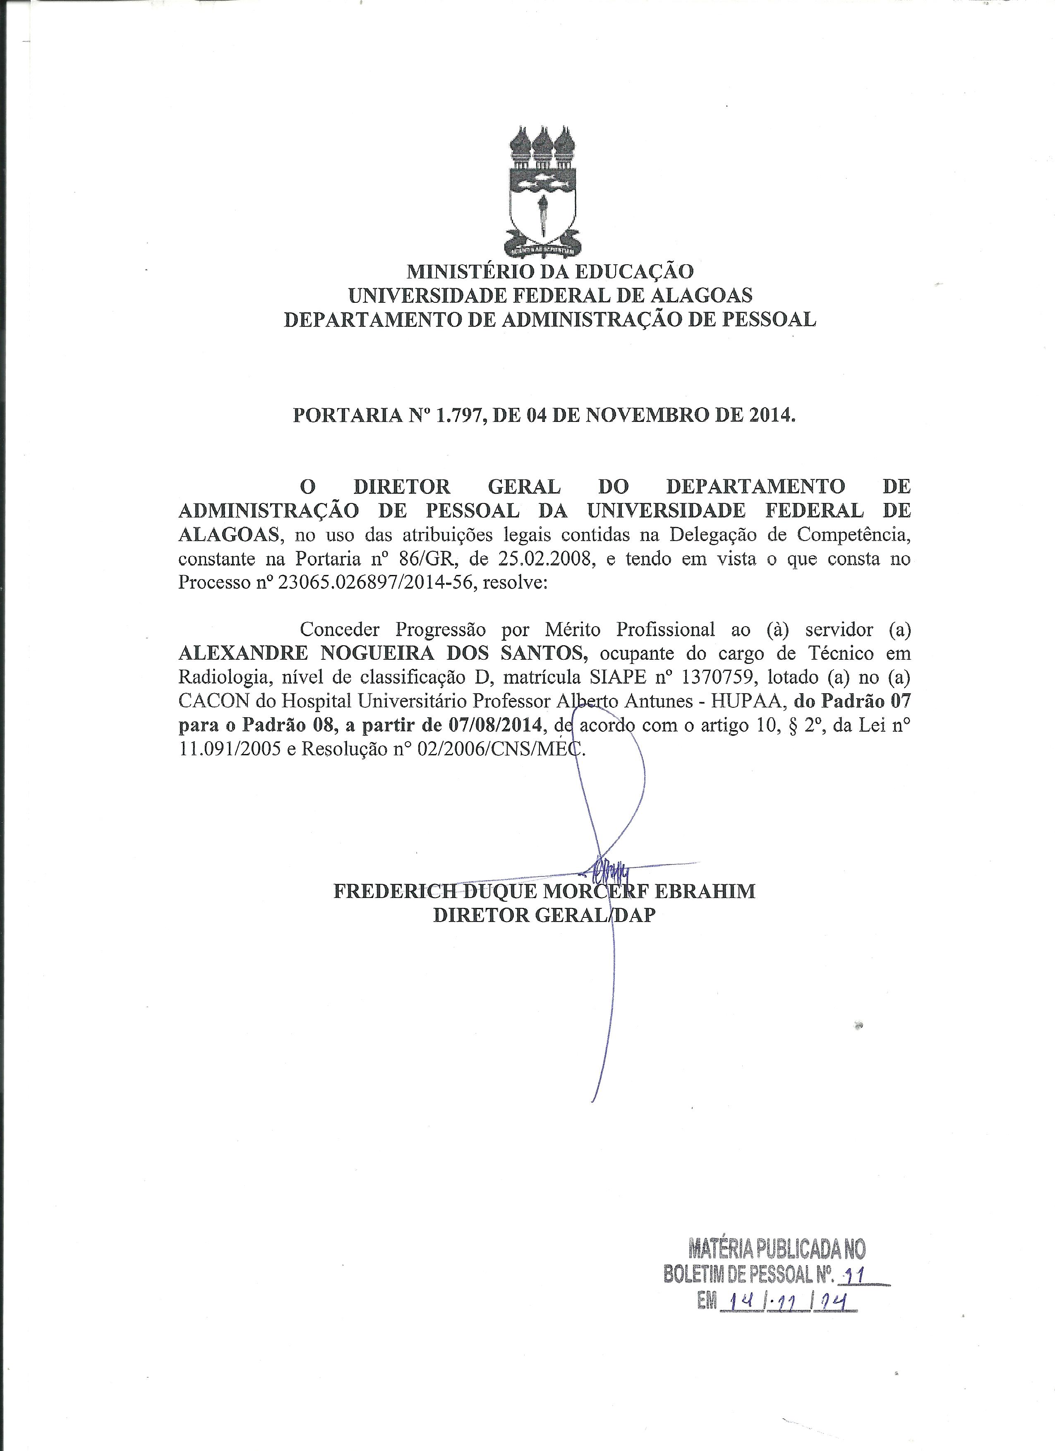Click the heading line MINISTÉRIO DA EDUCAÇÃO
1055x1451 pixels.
[x=549, y=271]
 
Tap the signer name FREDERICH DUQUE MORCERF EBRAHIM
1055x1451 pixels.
[x=544, y=891]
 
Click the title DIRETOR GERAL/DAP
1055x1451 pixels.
[x=544, y=915]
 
